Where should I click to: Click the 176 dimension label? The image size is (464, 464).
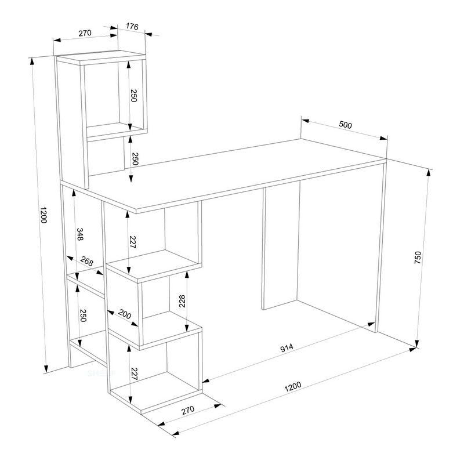pyautogui.click(x=132, y=27)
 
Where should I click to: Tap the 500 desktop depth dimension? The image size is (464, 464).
pyautogui.click(x=345, y=125)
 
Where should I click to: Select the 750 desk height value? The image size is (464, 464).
pyautogui.click(x=418, y=258)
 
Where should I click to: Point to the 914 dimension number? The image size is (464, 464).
pyautogui.click(x=287, y=347)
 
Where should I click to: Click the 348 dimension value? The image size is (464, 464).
pyautogui.click(x=80, y=234)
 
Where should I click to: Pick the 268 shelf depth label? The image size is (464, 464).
pyautogui.click(x=87, y=262)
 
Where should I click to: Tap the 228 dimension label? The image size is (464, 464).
pyautogui.click(x=182, y=301)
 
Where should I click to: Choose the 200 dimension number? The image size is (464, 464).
pyautogui.click(x=125, y=314)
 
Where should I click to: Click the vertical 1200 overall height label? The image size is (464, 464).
pyautogui.click(x=43, y=215)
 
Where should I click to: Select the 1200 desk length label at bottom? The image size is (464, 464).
pyautogui.click(x=293, y=386)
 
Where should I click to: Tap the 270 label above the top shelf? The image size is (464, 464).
pyautogui.click(x=85, y=33)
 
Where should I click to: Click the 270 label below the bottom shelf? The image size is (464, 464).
pyautogui.click(x=188, y=410)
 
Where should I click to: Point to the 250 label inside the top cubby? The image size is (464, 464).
pyautogui.click(x=134, y=96)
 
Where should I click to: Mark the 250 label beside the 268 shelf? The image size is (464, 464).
pyautogui.click(x=83, y=316)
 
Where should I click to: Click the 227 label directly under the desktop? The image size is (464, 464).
pyautogui.click(x=133, y=242)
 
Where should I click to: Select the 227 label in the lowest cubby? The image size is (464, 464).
pyautogui.click(x=135, y=374)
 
